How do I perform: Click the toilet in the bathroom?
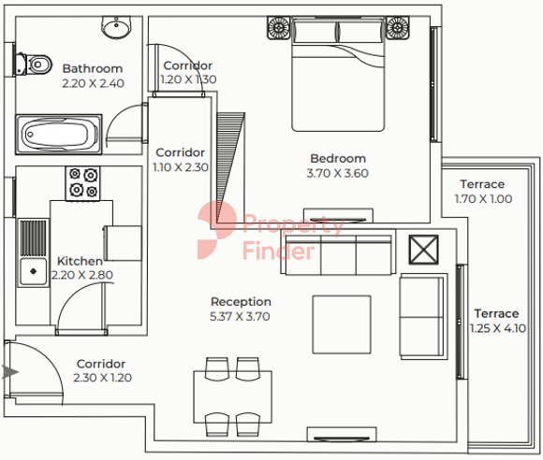pyautogui.click(x=34, y=64)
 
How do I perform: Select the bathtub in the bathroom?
pyautogui.click(x=59, y=135)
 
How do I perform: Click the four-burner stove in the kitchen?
pyautogui.click(x=83, y=183)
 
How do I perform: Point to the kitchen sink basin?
pyautogui.click(x=33, y=271)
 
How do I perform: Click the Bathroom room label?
pyautogui.click(x=93, y=68)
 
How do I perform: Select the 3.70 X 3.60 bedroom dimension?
pyautogui.click(x=338, y=173)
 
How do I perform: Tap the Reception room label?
pyautogui.click(x=241, y=302)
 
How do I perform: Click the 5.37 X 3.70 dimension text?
pyautogui.click(x=240, y=316)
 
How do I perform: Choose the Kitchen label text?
pyautogui.click(x=80, y=261)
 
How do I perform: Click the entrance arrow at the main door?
pyautogui.click(x=10, y=372)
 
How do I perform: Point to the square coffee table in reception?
pyautogui.click(x=342, y=324)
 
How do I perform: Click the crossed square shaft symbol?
pyautogui.click(x=423, y=250)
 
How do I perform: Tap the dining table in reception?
pyautogui.click(x=233, y=397)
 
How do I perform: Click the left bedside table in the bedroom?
pyautogui.click(x=278, y=28)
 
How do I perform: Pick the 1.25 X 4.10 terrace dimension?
pyautogui.click(x=498, y=328)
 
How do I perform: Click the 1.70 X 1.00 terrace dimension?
pyautogui.click(x=483, y=199)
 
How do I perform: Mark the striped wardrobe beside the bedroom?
pyautogui.click(x=230, y=167)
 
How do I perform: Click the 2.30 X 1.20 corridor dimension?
pyautogui.click(x=102, y=378)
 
